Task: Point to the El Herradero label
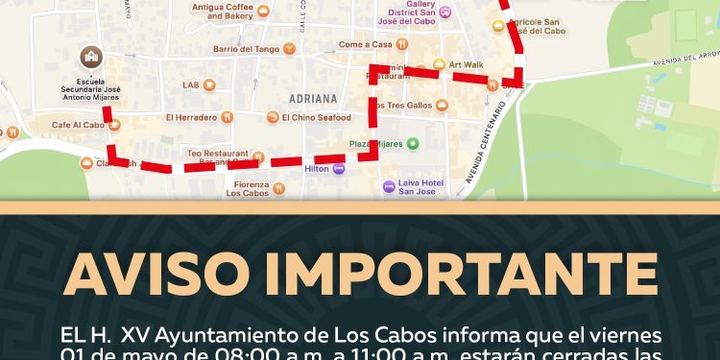coord(190,117)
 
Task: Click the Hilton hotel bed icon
coord(339,168)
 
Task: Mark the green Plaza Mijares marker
coord(413,144)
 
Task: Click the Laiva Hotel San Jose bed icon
coord(388,186)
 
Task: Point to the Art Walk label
coord(467,64)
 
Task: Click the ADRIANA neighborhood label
coord(314,98)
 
